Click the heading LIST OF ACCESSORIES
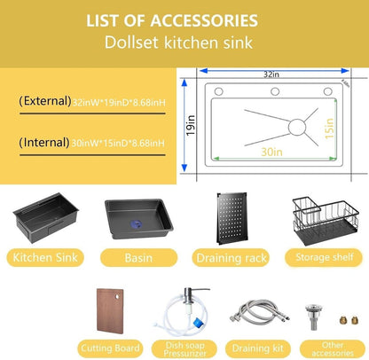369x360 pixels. point(172,20)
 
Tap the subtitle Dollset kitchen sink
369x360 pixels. point(178,43)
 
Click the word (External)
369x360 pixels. point(45,101)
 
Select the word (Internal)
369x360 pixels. point(44,143)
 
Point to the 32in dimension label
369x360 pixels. point(271,74)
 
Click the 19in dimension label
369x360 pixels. point(191,125)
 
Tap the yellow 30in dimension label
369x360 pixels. point(271,152)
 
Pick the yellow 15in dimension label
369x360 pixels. point(329,129)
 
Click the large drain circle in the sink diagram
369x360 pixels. point(297,128)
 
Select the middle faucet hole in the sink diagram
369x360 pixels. point(275,91)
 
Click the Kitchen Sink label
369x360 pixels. point(45,257)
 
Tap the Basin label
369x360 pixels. point(138,258)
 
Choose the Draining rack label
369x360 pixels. point(232,258)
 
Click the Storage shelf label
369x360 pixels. point(325,257)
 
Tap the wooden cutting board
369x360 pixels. point(110,311)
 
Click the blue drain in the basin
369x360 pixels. point(136,223)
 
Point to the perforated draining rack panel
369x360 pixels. point(232,218)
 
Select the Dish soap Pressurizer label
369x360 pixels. point(184,349)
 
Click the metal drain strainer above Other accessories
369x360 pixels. point(314,317)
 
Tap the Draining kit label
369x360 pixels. point(258,348)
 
